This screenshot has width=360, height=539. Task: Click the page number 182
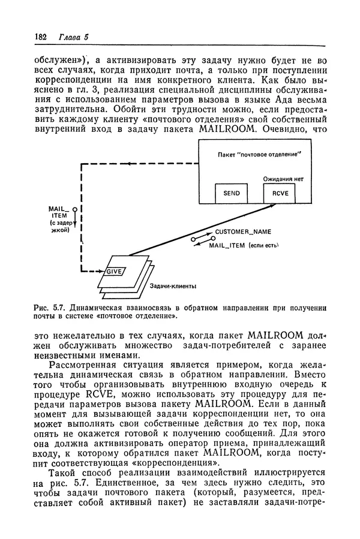(x=41, y=37)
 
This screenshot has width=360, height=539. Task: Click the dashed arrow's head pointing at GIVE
(x=101, y=271)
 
